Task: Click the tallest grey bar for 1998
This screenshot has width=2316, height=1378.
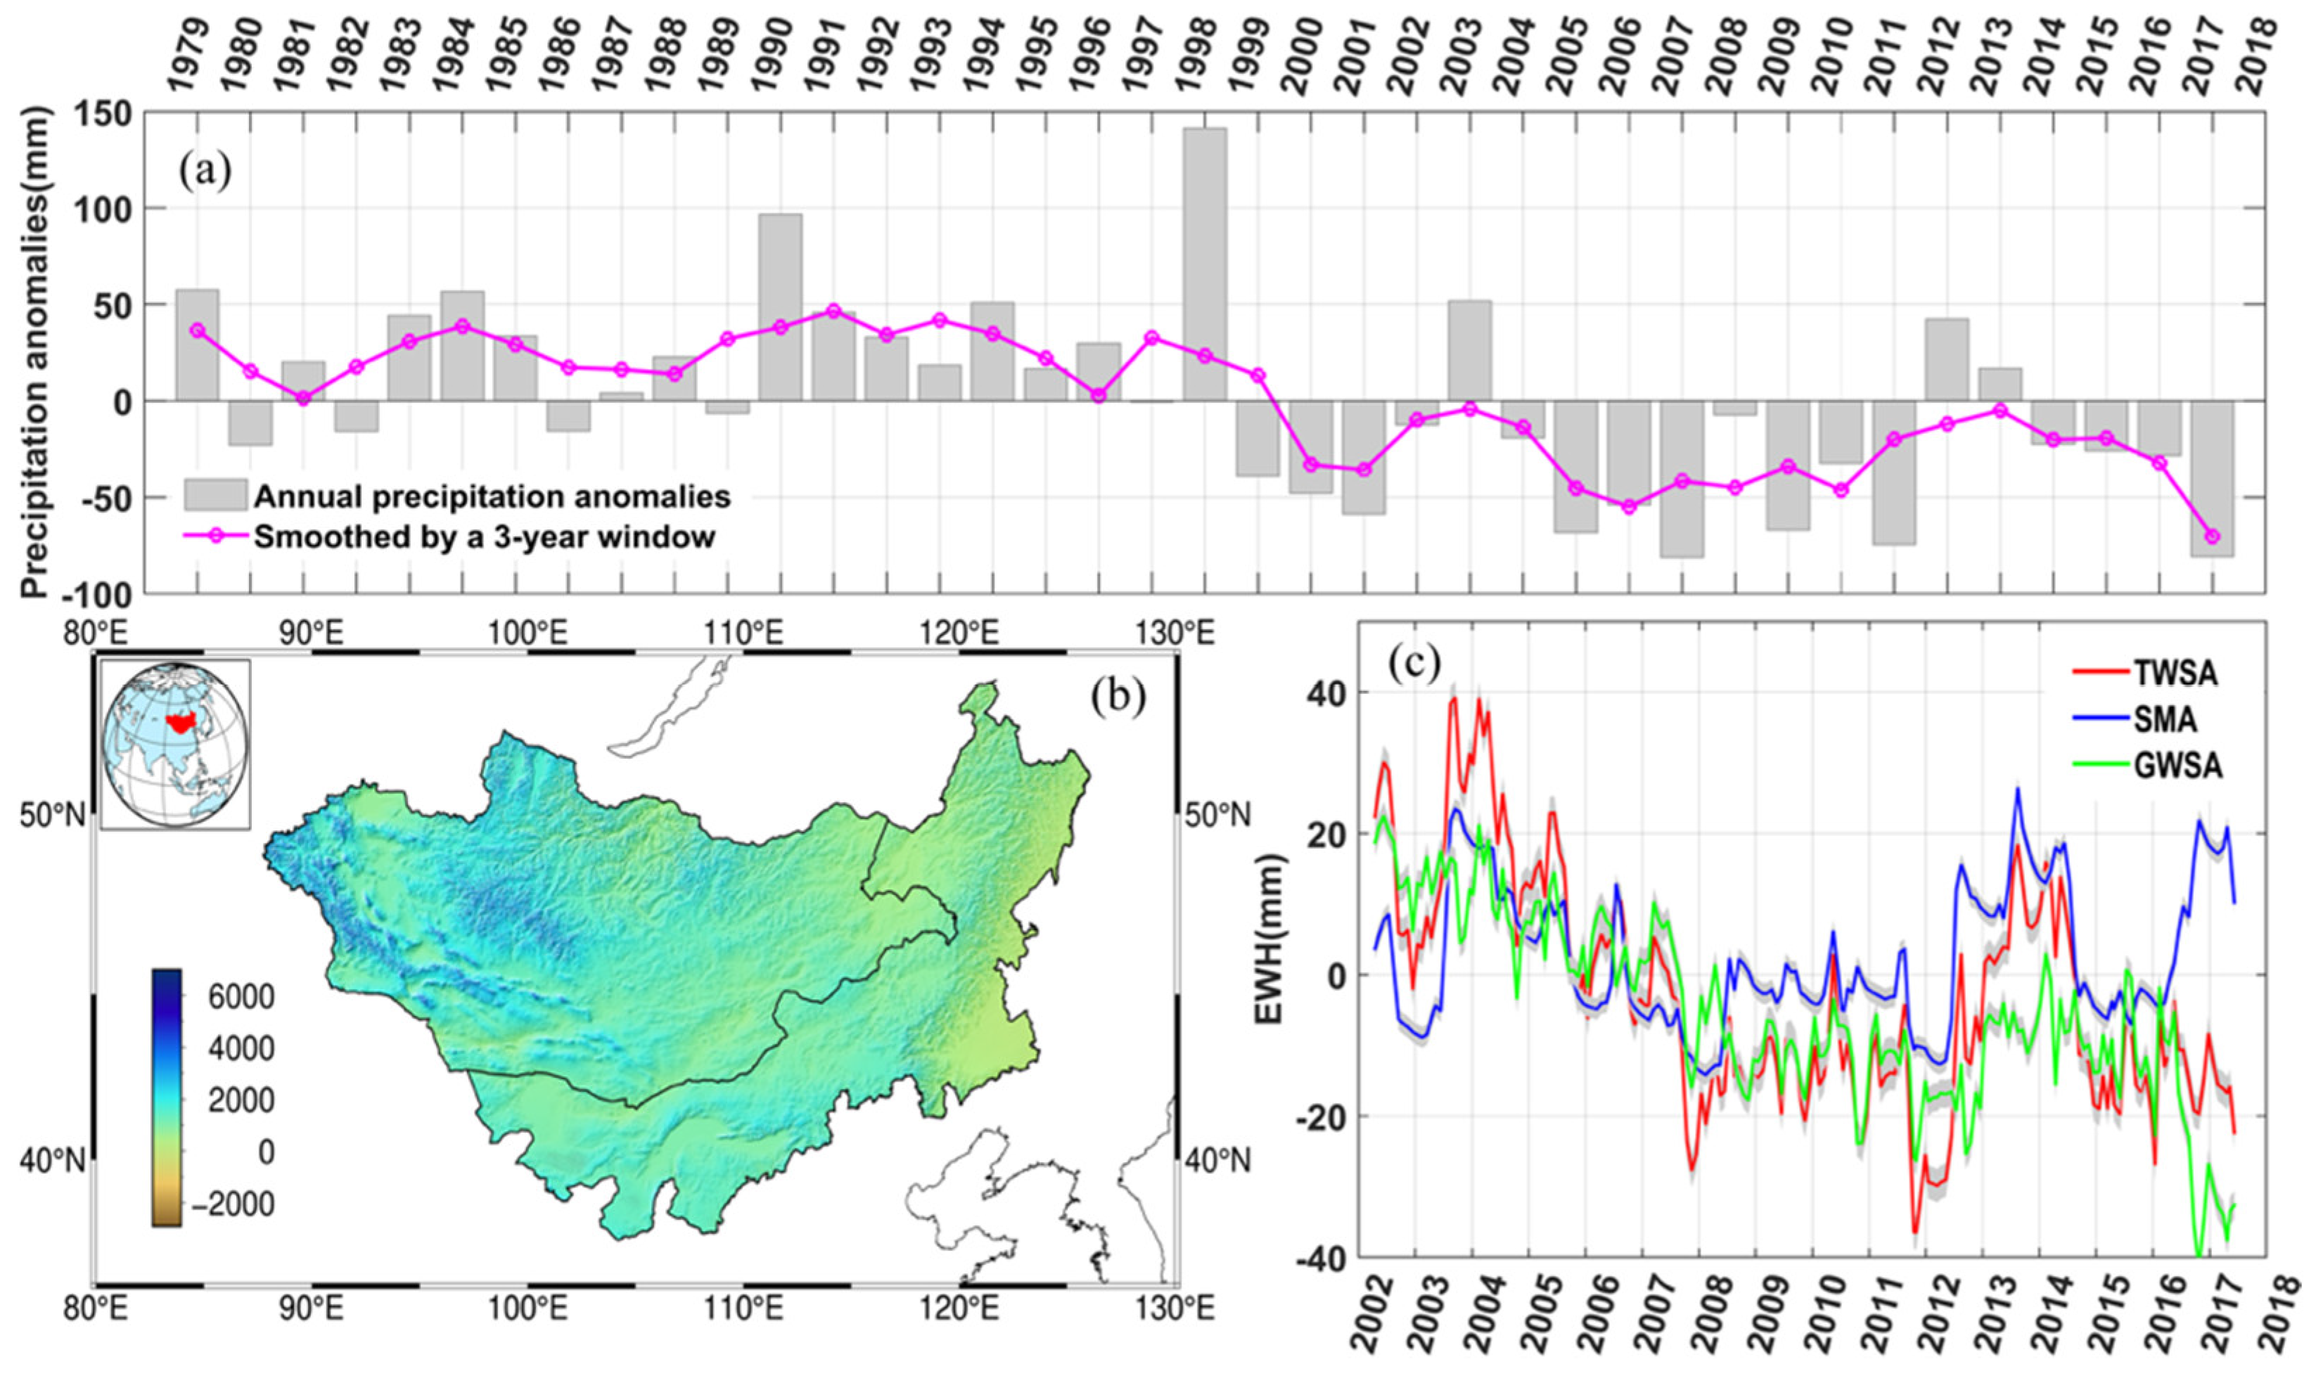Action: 1205,264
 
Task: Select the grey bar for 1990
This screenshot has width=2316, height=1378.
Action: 780,307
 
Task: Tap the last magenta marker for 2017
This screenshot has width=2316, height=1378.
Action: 2213,536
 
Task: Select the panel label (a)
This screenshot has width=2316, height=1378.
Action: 205,173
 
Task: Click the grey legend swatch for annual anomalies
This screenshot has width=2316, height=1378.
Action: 215,495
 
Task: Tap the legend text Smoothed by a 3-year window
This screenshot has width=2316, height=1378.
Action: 485,538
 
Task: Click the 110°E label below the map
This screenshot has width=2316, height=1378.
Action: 753,1309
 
